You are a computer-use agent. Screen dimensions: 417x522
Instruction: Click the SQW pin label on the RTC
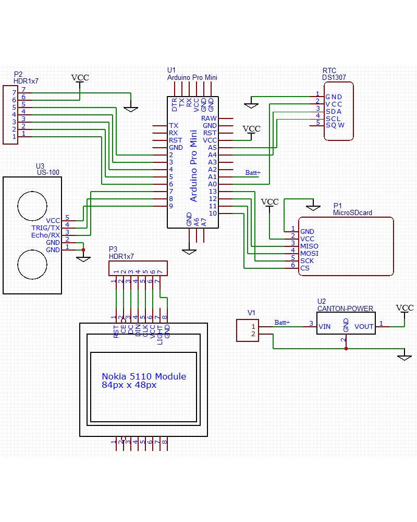click(335, 125)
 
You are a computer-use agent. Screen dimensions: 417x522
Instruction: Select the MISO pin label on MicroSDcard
click(309, 246)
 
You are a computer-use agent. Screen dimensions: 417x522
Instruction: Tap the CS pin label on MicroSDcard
click(304, 268)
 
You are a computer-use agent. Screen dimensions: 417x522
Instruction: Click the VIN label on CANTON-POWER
click(324, 327)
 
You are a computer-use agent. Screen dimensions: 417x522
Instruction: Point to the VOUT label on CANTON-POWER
click(364, 327)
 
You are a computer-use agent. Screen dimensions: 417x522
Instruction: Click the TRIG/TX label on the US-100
click(46, 228)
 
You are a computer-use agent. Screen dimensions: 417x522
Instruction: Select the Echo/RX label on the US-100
click(46, 235)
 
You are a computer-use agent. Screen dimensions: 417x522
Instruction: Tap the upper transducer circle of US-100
click(32, 203)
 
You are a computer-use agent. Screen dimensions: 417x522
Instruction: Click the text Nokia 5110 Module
click(144, 376)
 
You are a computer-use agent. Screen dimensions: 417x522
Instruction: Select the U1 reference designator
click(171, 70)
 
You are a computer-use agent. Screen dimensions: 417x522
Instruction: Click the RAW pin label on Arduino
click(209, 118)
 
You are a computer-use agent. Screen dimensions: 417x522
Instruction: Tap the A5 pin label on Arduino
click(212, 148)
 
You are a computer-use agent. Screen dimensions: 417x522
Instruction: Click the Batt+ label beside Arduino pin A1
click(253, 173)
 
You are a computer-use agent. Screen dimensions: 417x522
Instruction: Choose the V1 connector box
click(247, 330)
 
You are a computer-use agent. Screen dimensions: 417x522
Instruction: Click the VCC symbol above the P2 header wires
click(80, 78)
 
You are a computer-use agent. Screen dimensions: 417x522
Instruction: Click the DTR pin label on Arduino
click(175, 105)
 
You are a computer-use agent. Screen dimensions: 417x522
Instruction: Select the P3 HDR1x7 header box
click(138, 268)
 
